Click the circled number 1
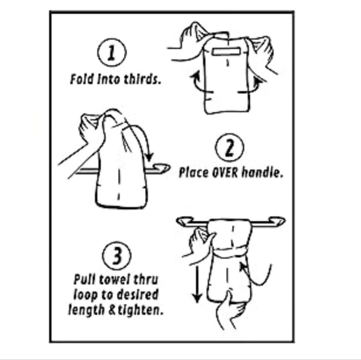[x=112, y=53]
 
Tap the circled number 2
[x=230, y=147]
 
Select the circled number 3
[x=117, y=256]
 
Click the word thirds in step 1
[x=142, y=79]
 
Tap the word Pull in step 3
[x=84, y=280]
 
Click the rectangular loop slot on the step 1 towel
[x=227, y=52]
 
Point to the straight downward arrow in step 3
[x=197, y=284]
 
